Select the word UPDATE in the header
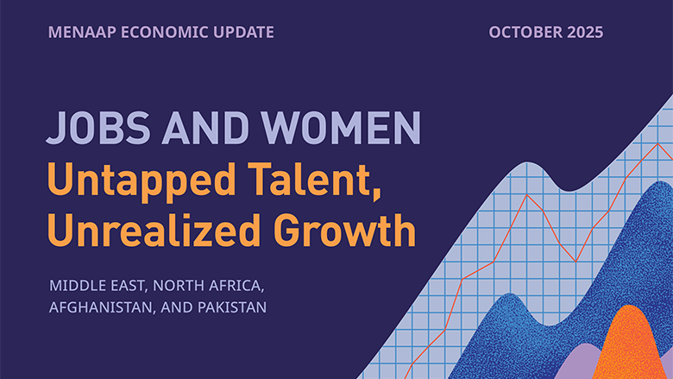click(x=245, y=32)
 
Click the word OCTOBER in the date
click(x=521, y=32)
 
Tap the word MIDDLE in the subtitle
click(x=77, y=285)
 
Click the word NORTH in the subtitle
click(x=180, y=285)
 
